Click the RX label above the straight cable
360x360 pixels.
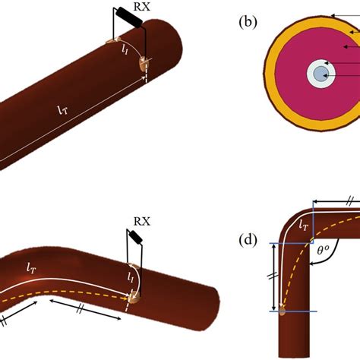point(142,7)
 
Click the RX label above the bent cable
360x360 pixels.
point(142,222)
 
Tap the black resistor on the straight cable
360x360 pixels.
point(130,17)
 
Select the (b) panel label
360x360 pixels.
point(248,22)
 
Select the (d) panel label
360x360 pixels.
point(248,240)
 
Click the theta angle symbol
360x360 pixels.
point(323,250)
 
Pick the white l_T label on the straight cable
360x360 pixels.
point(63,110)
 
